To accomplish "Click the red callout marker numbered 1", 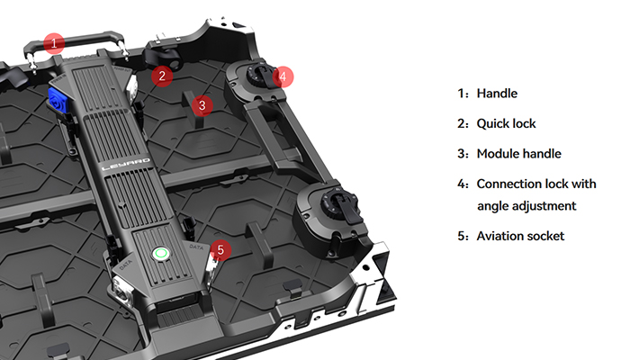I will (x=56, y=42).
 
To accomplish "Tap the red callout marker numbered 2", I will (x=162, y=76).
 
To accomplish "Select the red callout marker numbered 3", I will (x=202, y=105).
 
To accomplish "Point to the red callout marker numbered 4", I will (x=283, y=76).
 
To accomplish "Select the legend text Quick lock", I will (x=508, y=123).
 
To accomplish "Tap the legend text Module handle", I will (x=519, y=153).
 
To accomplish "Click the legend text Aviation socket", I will (x=521, y=236).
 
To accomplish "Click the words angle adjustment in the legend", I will (x=526, y=206).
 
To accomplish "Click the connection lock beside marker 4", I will (x=263, y=79).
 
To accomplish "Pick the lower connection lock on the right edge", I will (x=332, y=209).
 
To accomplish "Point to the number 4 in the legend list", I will (x=462, y=184).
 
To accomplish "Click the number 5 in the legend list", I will (x=462, y=236).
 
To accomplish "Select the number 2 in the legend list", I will (x=462, y=123).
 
